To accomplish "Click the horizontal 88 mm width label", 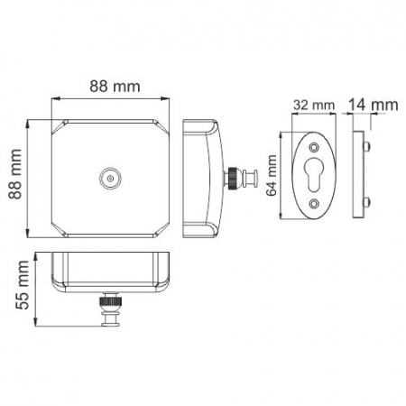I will pyautogui.click(x=111, y=87).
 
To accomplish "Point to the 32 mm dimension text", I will pyautogui.click(x=311, y=106).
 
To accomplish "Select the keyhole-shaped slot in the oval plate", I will pyautogui.click(x=313, y=175).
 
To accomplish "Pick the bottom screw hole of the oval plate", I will pyautogui.click(x=313, y=204).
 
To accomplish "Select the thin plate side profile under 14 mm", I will pyautogui.click(x=363, y=176).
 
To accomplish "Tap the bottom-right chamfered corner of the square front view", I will pyautogui.click(x=162, y=229).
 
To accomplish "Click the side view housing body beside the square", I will pyautogui.click(x=200, y=177).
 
